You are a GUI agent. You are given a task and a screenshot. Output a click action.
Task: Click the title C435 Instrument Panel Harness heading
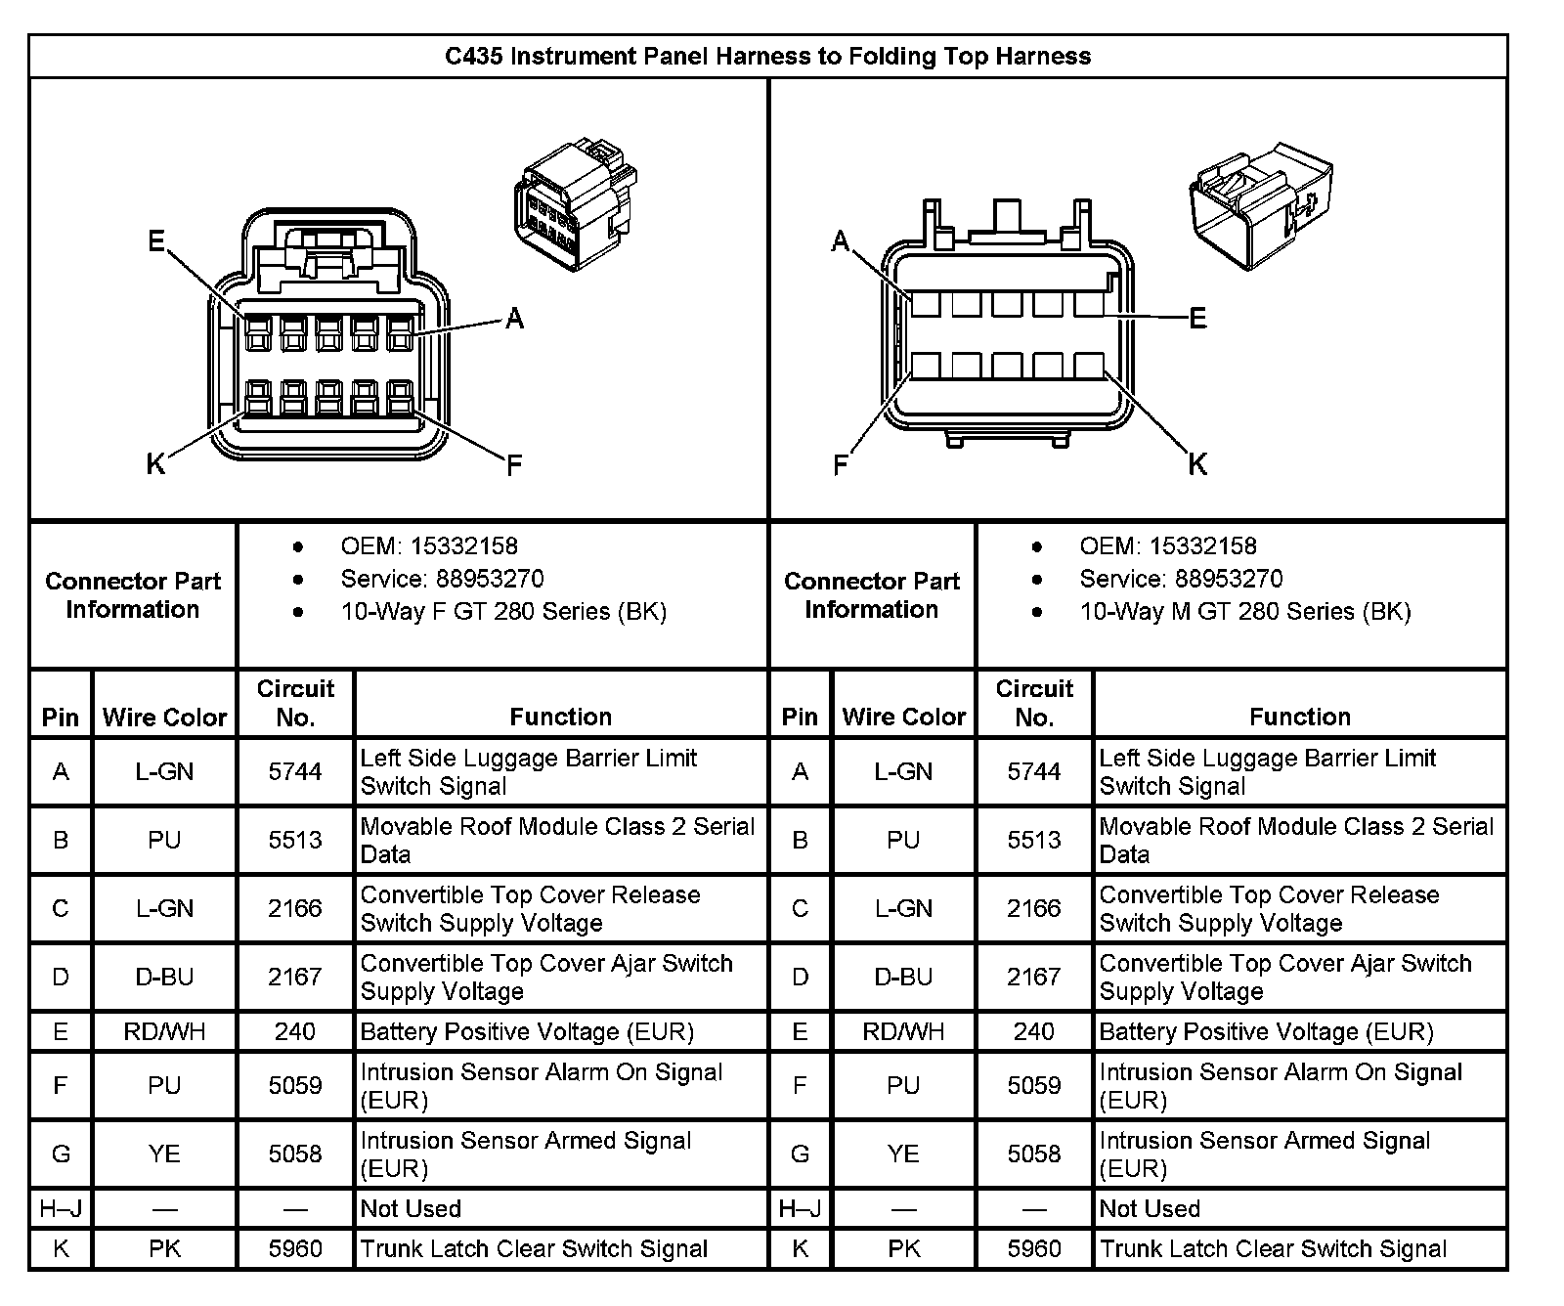point(767,56)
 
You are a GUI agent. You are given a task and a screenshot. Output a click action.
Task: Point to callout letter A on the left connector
point(514,318)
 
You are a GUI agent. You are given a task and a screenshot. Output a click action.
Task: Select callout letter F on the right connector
point(840,465)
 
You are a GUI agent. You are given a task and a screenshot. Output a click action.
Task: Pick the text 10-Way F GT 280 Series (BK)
point(503,612)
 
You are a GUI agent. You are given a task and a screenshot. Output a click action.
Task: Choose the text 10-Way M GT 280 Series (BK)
point(1244,612)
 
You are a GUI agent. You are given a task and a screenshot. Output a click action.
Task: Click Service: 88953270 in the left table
point(442,579)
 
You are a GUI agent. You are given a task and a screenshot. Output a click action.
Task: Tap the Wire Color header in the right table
point(903,718)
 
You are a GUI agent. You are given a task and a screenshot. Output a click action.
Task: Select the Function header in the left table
point(560,717)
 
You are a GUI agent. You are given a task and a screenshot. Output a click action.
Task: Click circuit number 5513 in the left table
point(295,840)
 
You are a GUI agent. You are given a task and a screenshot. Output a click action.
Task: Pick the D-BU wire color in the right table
point(903,977)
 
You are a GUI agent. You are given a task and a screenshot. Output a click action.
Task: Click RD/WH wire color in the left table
point(164,1031)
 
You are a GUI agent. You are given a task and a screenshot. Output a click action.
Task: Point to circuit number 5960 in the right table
point(1034,1248)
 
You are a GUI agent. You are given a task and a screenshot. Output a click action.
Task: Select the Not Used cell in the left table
point(411,1208)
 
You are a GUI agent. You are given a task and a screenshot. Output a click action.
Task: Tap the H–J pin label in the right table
point(800,1209)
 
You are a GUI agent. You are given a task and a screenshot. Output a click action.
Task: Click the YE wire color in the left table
point(164,1154)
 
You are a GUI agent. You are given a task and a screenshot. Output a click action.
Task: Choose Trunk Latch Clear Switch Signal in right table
point(1273,1248)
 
